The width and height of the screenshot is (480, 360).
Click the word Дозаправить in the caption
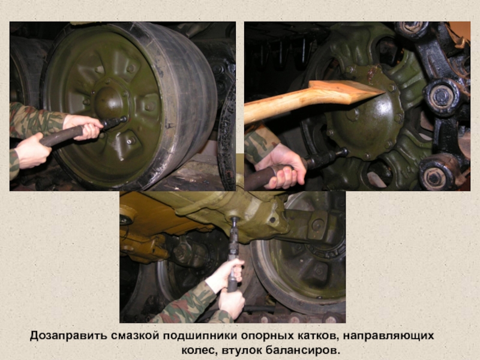68,336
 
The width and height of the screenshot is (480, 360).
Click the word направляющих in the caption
388,336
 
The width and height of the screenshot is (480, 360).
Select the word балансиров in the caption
303,350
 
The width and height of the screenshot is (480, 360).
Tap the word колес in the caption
200,350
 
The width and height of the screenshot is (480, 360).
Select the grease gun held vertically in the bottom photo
233,254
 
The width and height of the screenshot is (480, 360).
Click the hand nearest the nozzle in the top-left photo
83,125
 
